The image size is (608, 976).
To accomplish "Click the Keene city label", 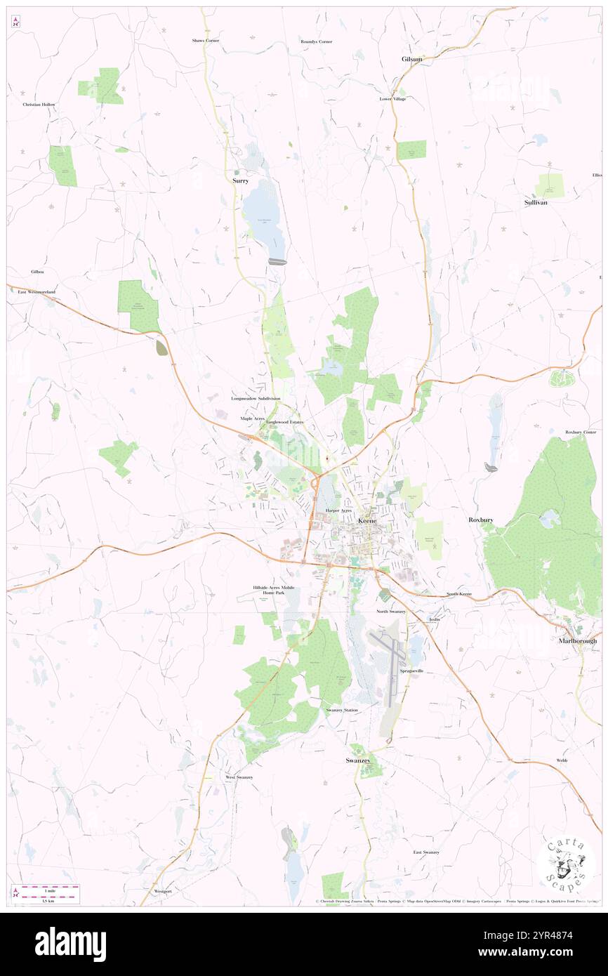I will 367,521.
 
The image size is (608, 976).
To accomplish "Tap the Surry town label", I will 240,180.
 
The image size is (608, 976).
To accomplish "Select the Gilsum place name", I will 412,59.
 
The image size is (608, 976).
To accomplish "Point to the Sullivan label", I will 535,202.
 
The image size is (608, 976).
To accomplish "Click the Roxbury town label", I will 481,520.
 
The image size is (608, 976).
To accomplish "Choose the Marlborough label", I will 578,641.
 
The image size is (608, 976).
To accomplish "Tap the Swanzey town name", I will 357,760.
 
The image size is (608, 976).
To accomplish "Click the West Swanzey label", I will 239,777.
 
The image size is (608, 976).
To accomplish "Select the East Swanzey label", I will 425,852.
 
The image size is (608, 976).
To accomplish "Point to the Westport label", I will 162,891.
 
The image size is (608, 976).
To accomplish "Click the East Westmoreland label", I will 37,291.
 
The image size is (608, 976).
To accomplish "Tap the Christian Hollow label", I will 39,104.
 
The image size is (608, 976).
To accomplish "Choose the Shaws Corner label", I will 206,41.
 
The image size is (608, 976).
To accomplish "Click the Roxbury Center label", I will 580,432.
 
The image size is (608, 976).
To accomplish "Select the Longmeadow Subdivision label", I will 256,398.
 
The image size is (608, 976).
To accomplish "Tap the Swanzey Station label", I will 342,710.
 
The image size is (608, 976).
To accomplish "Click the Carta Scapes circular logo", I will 566,863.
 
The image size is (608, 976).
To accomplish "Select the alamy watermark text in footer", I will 70,944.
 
